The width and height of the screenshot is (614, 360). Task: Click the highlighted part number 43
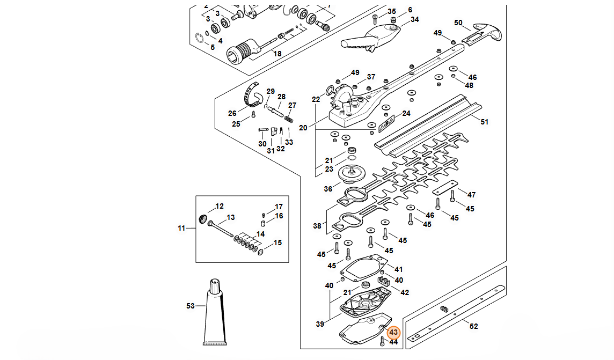[393, 333]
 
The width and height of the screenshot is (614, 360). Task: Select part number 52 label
[473, 326]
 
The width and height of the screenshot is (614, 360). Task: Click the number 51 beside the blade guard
[484, 122]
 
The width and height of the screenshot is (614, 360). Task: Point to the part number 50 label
[458, 23]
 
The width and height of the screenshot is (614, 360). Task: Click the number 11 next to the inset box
[181, 229]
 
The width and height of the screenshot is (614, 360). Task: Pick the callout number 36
[328, 189]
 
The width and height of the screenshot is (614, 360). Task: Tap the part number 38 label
[317, 226]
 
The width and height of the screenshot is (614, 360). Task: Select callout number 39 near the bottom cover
[320, 324]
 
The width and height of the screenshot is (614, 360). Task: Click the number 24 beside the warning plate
[406, 113]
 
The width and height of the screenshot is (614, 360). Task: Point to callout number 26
[232, 113]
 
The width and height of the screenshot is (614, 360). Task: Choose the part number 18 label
[277, 54]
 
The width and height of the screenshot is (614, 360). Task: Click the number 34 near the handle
[414, 20]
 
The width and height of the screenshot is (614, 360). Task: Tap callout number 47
[471, 195]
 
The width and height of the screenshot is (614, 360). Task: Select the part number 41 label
[398, 269]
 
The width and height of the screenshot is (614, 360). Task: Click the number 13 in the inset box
[231, 217]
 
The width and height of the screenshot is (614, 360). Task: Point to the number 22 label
[316, 100]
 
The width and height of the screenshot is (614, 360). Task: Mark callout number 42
[405, 292]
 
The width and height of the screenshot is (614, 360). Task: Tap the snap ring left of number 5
[200, 37]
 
